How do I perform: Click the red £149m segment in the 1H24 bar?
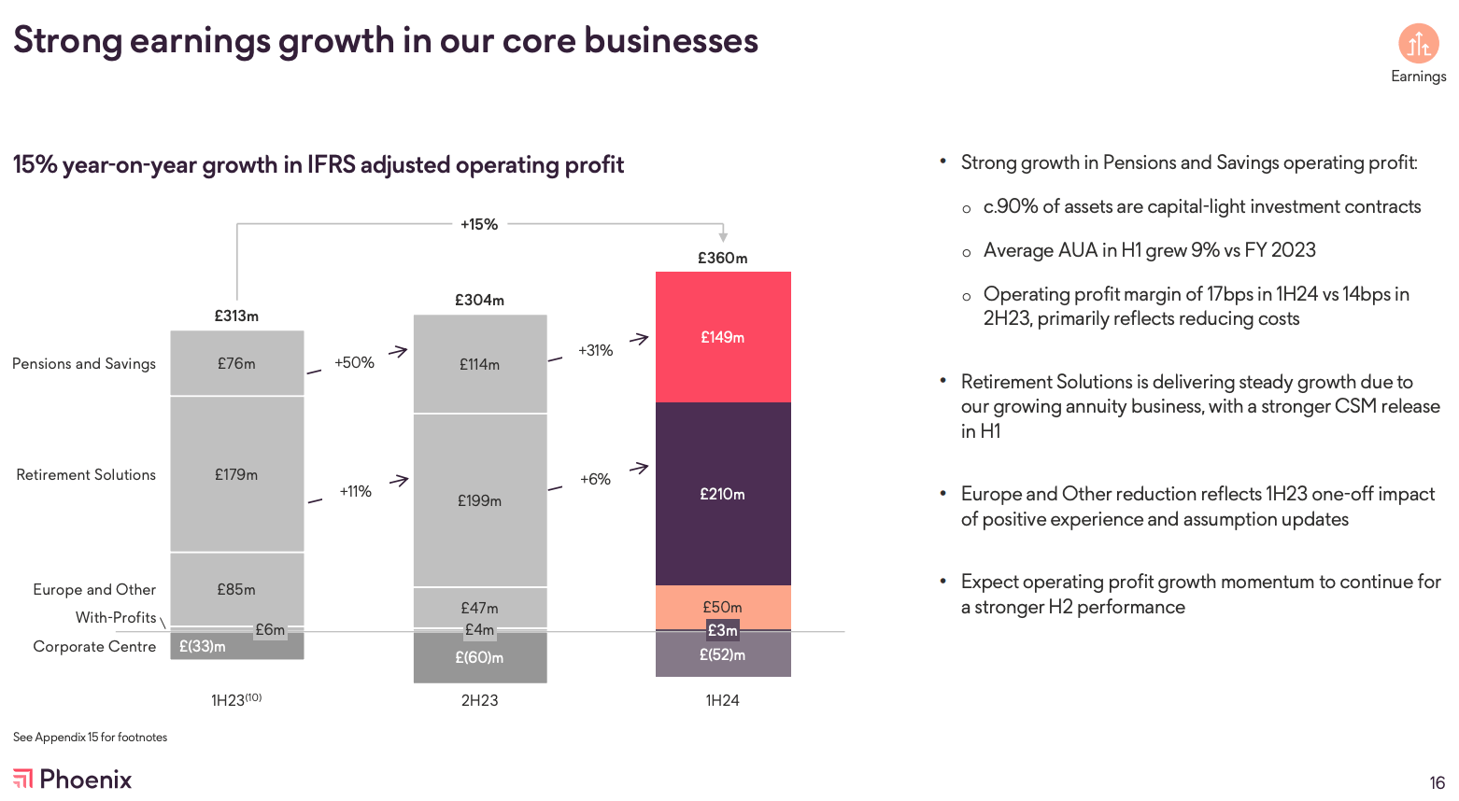pyautogui.click(x=723, y=337)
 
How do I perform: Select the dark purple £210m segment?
pyautogui.click(x=723, y=494)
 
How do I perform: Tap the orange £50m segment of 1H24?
pyautogui.click(x=723, y=607)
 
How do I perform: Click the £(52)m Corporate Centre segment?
pyautogui.click(x=723, y=655)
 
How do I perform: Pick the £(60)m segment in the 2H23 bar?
pyautogui.click(x=479, y=657)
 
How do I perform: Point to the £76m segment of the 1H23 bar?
pyautogui.click(x=236, y=363)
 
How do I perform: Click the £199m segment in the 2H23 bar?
pyautogui.click(x=479, y=500)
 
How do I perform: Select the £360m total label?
pyautogui.click(x=723, y=258)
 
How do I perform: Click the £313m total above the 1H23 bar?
pyautogui.click(x=236, y=316)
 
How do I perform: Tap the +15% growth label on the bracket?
pyautogui.click(x=479, y=224)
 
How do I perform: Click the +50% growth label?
pyautogui.click(x=354, y=362)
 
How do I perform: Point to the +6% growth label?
pyautogui.click(x=595, y=479)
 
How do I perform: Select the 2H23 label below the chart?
pyautogui.click(x=479, y=700)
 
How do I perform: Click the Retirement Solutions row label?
pyautogui.click(x=86, y=474)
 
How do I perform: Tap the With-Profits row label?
pyautogui.click(x=116, y=617)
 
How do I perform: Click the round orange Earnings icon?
pyautogui.click(x=1418, y=44)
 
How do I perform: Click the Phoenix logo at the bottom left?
pyautogui.click(x=73, y=779)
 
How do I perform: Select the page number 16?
pyautogui.click(x=1437, y=782)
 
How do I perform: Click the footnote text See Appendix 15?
pyautogui.click(x=90, y=737)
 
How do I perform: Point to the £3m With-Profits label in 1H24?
pyautogui.click(x=723, y=630)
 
